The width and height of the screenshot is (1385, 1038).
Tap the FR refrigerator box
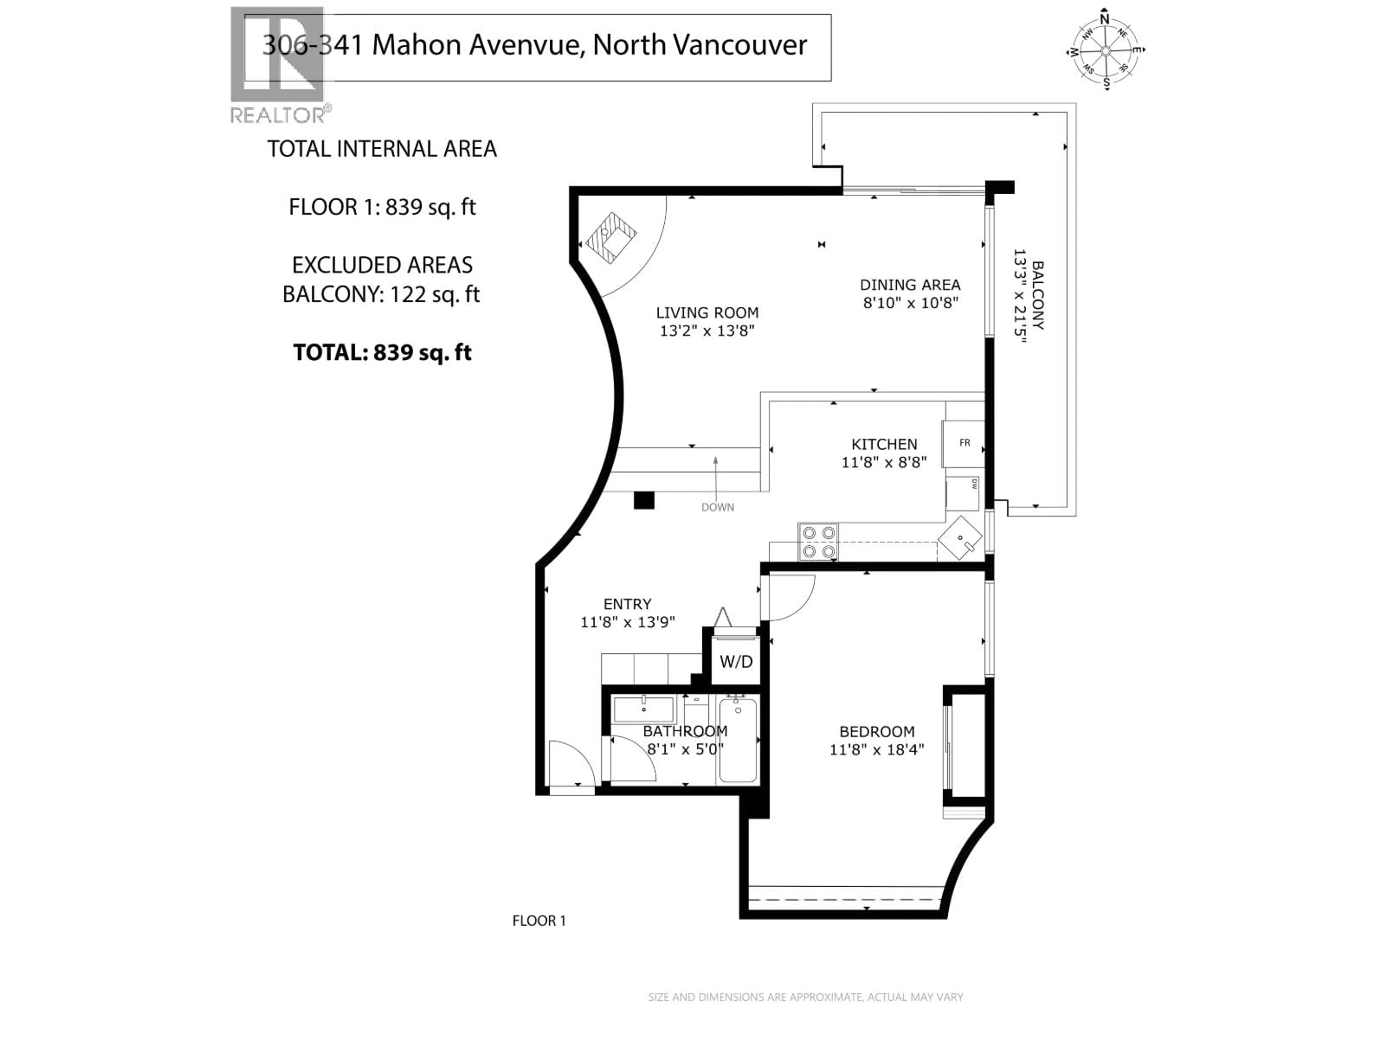964,443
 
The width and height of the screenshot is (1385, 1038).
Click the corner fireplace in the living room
611,239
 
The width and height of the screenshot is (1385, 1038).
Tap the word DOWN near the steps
717,507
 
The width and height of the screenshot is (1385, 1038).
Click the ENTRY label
627,604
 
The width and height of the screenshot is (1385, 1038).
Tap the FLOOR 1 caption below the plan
538,921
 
